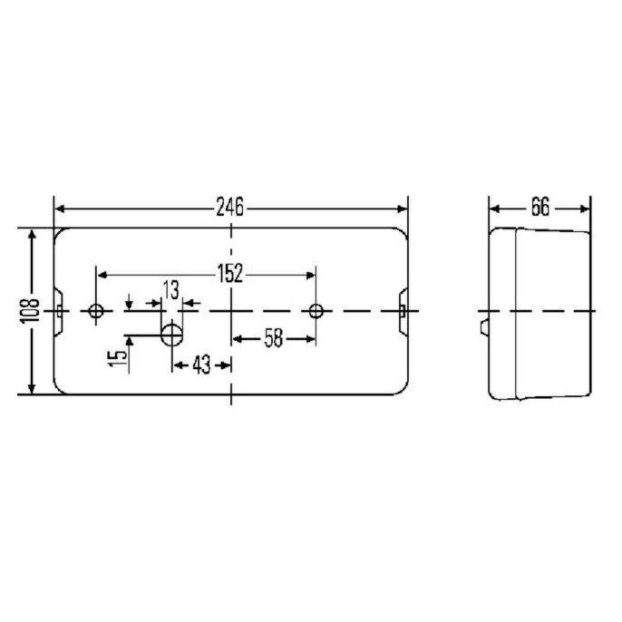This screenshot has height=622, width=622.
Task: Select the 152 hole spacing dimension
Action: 230,273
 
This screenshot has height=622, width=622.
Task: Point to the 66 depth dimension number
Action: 540,208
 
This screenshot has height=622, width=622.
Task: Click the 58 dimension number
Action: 273,338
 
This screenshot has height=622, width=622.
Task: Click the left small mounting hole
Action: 96,311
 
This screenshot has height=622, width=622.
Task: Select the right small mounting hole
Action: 316,311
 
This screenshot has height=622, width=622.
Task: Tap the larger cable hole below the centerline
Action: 171,335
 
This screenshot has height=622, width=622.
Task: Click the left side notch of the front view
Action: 59,311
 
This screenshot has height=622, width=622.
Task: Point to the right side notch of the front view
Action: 402,311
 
